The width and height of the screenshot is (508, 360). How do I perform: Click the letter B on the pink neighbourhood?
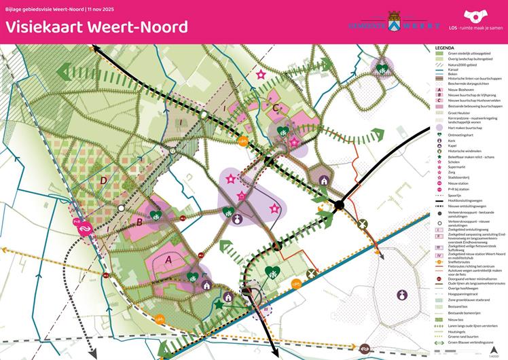pos(139,221)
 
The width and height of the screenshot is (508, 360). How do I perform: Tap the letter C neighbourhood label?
pos(274,107)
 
